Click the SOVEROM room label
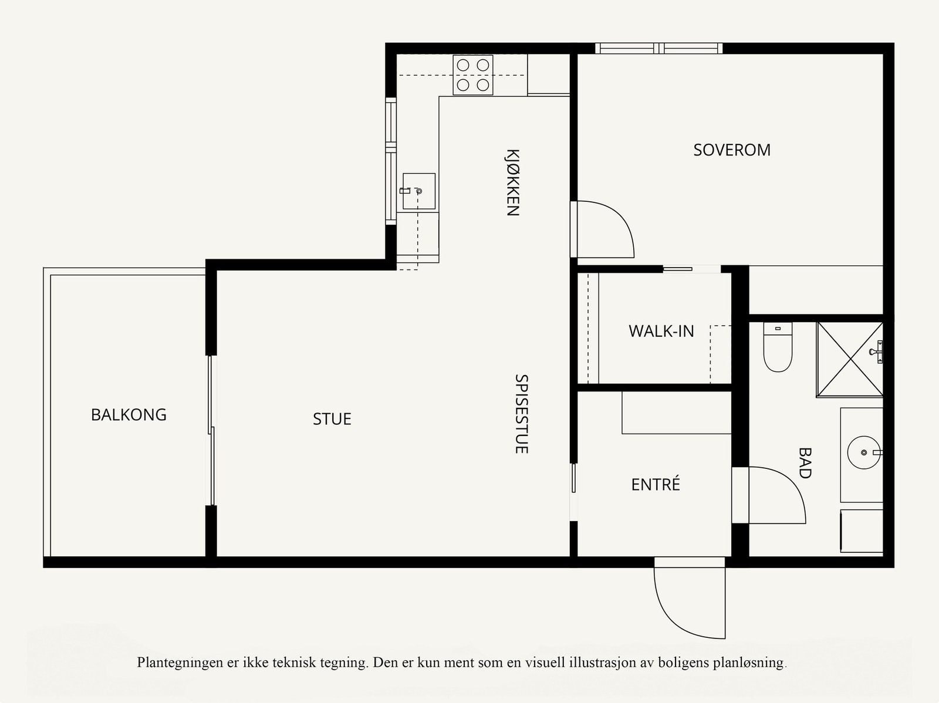click(731, 150)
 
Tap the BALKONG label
click(129, 414)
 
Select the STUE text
click(332, 418)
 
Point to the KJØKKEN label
click(512, 182)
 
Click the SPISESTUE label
click(521, 414)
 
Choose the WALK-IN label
click(661, 331)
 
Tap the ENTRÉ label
click(656, 484)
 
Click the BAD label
click(805, 462)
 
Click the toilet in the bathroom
click(778, 347)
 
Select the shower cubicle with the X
click(850, 359)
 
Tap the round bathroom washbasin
click(864, 452)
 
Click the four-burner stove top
click(472, 75)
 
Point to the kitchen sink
click(419, 191)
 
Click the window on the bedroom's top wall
click(659, 48)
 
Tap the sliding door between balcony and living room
click(211, 430)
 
